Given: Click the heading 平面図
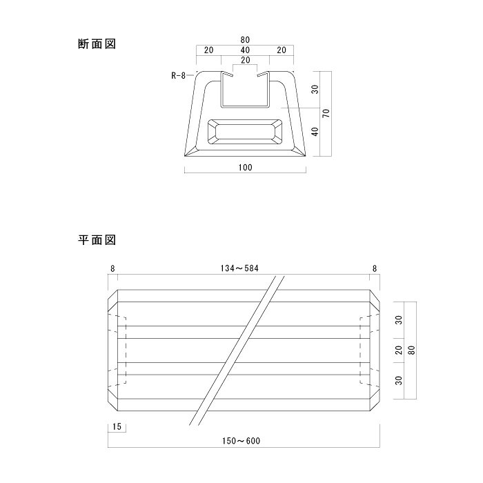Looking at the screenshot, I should click(96, 240).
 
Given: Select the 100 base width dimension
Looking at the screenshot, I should click(246, 168).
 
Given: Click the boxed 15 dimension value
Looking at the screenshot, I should click(116, 428).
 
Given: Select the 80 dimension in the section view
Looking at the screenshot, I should click(246, 40).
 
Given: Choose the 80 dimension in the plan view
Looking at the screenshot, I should click(411, 351).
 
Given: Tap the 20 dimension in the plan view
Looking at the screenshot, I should click(398, 351).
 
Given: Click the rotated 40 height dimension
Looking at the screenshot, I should click(315, 132).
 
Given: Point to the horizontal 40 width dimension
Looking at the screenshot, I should click(246, 50).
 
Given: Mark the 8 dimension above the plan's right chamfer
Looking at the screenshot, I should click(375, 268).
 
